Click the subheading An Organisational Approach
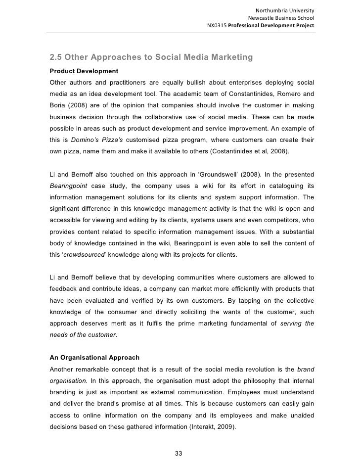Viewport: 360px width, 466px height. coord(94,357)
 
